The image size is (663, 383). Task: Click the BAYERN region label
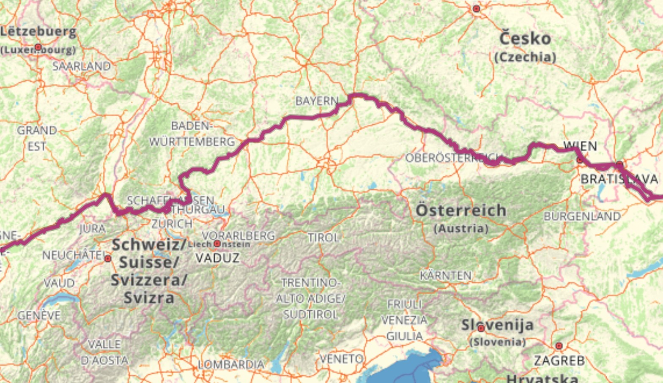pos(317,101)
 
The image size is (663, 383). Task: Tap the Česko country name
pos(525,39)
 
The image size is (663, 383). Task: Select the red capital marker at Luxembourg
pos(38,47)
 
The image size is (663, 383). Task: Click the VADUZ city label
pos(218,258)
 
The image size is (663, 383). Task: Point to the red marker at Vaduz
pos(217,244)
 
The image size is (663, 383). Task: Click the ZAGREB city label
pos(559,361)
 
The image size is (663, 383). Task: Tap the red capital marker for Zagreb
pos(559,346)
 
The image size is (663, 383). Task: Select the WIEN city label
pos(580,146)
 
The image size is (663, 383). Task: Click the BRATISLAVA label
pos(619,179)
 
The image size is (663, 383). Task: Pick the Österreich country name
pos(461,210)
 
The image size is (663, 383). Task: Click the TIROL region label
pos(323,238)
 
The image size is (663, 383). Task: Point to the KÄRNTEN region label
pos(446,276)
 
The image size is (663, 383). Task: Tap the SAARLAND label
pos(82,66)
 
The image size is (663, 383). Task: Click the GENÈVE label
pos(39,315)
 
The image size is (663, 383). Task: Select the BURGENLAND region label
pos(582,216)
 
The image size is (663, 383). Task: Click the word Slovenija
pos(497,325)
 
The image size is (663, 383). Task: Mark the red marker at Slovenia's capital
pos(481,328)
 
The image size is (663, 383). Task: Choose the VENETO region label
pos(341,359)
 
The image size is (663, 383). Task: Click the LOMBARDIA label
pos(231,364)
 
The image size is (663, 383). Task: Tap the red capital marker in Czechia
pos(477,8)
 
